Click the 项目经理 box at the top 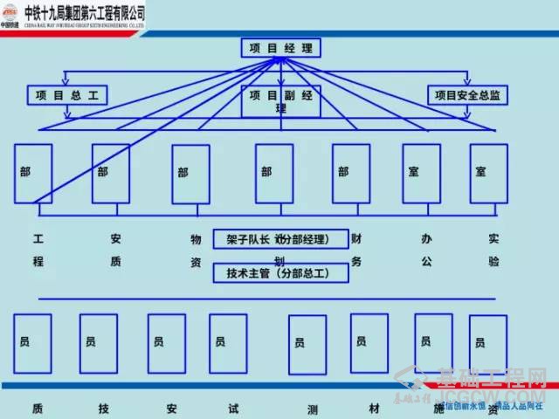281,48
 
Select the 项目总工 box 67,94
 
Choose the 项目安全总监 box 466,94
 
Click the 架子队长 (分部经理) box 281,238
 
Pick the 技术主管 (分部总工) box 281,273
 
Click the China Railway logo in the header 12,14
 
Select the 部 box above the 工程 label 33,172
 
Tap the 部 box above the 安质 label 110,172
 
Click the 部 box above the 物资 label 190,174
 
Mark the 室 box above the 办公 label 421,172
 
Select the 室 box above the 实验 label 488,172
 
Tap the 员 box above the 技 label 98,343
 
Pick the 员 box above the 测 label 307,344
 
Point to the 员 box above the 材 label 369,342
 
